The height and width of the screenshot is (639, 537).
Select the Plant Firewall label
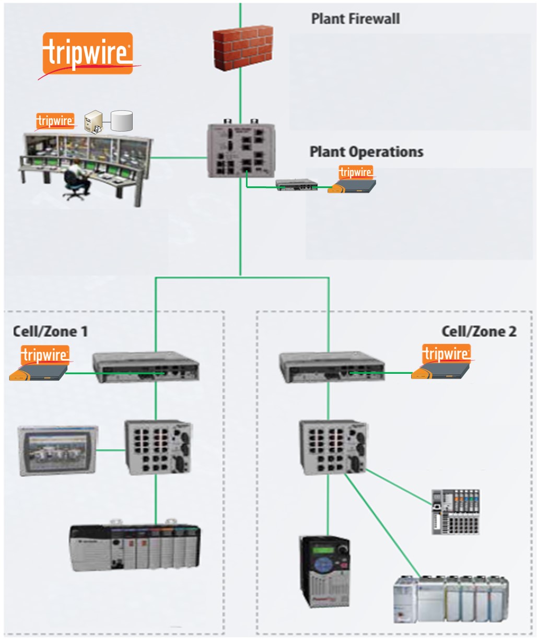[x=355, y=19]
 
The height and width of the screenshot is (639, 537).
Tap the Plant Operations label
[x=366, y=152]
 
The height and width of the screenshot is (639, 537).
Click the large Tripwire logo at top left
[x=88, y=54]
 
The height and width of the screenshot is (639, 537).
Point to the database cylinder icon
[x=123, y=121]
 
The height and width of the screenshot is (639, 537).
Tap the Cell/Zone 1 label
[x=50, y=331]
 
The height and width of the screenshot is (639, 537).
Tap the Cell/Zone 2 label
[x=478, y=331]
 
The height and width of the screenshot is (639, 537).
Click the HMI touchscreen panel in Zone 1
[x=57, y=450]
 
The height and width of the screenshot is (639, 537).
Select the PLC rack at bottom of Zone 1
[x=135, y=546]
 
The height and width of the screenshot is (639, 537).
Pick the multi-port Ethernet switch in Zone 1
[x=158, y=447]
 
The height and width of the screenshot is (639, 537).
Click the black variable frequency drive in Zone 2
[x=324, y=571]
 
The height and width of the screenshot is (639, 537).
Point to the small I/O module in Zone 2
[x=456, y=512]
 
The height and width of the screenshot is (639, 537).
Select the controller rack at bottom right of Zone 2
[x=451, y=598]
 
